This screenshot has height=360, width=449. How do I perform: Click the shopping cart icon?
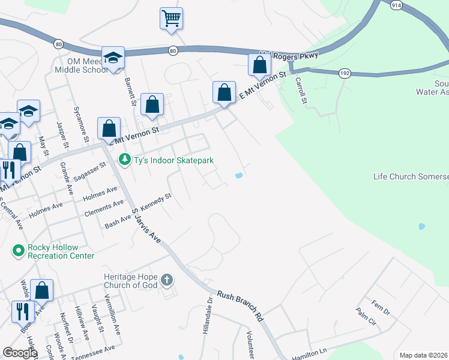click(x=172, y=18)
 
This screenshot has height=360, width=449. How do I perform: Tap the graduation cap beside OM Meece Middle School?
click(x=113, y=58)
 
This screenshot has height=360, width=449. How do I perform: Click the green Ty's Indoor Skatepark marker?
click(x=124, y=160)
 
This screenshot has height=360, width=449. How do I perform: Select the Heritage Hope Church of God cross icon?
click(x=167, y=280)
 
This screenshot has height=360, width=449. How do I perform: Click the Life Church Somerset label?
click(x=411, y=176)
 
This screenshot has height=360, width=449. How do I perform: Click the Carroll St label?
click(x=301, y=92)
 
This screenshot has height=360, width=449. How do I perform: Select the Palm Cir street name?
click(x=366, y=318)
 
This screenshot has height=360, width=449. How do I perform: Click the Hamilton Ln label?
click(x=310, y=355)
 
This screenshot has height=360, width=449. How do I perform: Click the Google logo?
click(x=20, y=353)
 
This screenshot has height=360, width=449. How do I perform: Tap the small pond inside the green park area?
click(x=421, y=227)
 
